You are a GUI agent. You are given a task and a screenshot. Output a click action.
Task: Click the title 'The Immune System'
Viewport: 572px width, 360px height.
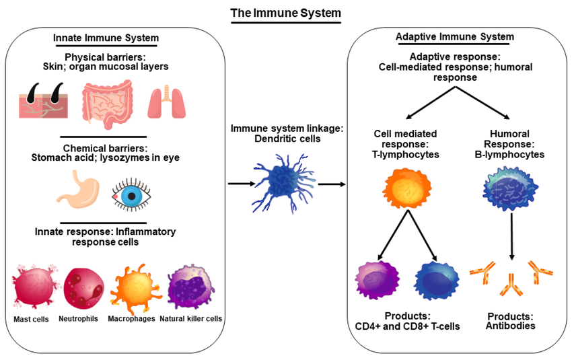(285, 13)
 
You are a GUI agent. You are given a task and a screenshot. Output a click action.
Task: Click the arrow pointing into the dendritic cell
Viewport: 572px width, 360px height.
(238, 182)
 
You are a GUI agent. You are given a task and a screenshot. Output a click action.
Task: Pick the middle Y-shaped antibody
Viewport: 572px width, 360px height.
(512, 285)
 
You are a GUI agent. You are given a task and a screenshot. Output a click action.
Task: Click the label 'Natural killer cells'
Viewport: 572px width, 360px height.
(191, 318)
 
